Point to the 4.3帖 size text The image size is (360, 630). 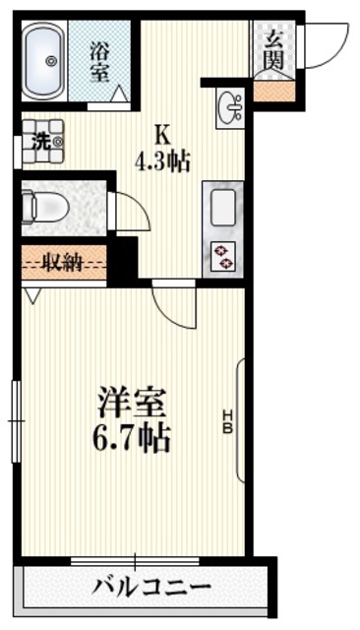coord(162,157)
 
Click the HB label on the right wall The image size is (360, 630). coord(226,422)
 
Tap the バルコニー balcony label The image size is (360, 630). coord(152,589)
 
